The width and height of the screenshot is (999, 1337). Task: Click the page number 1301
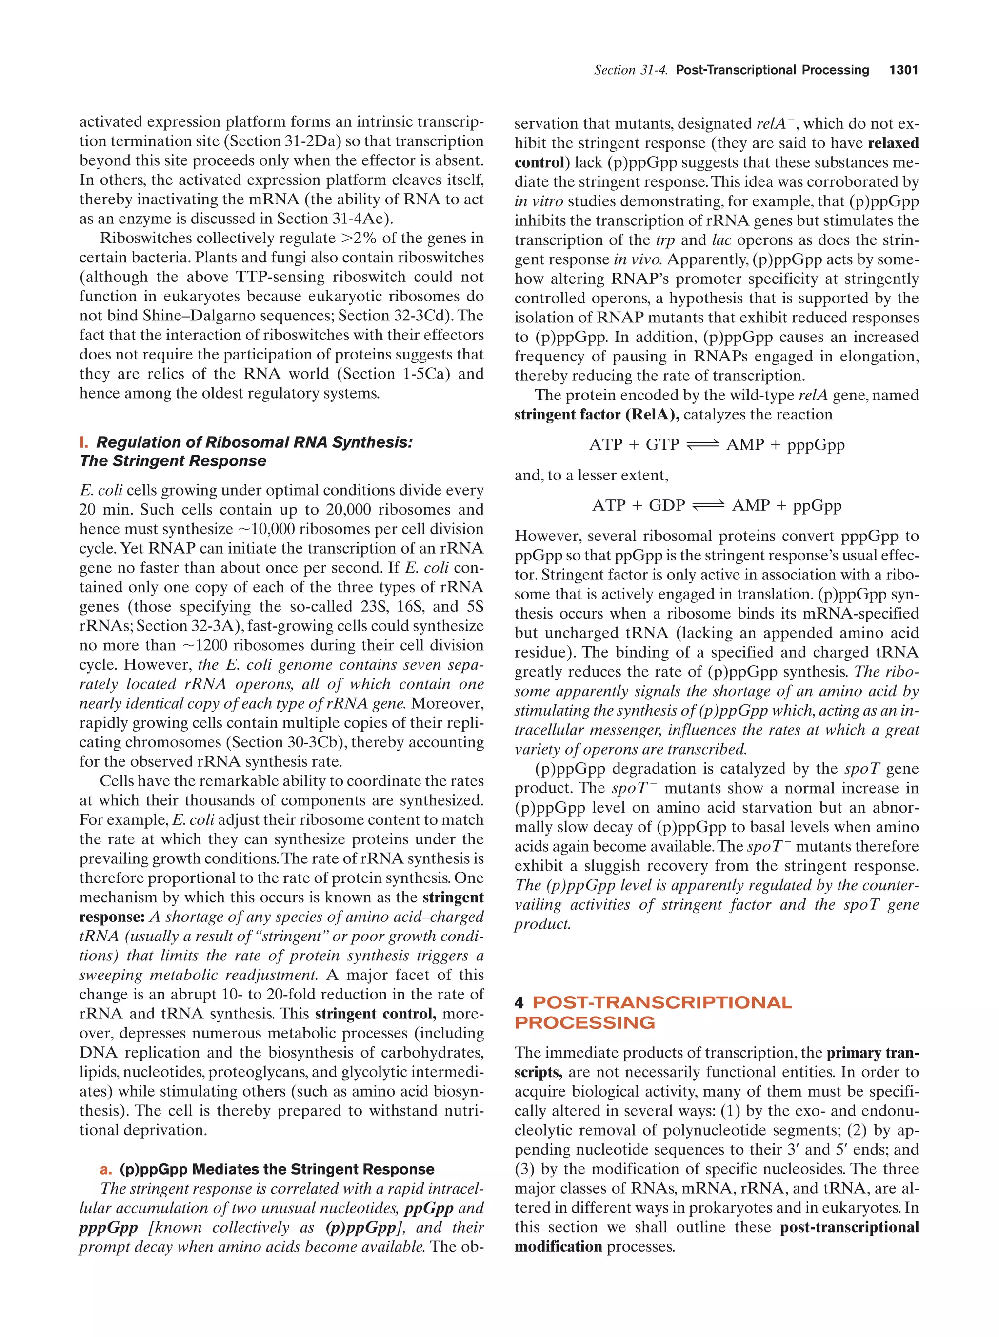[903, 70]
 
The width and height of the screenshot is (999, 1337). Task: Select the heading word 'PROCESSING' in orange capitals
[584, 1023]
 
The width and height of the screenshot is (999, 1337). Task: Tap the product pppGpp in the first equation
[816, 445]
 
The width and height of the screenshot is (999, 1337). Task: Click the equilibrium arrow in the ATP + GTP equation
[703, 445]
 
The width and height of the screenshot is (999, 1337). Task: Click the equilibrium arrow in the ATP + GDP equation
[708, 505]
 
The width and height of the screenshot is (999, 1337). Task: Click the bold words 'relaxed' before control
[893, 143]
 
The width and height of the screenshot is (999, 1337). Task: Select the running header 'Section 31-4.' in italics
[630, 70]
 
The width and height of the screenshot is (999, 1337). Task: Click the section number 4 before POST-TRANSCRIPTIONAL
[519, 1003]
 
